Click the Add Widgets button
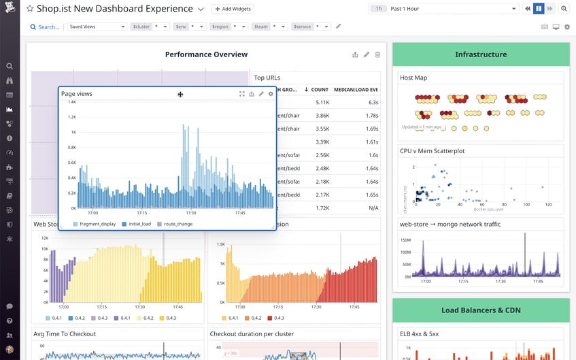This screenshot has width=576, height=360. [x=233, y=9]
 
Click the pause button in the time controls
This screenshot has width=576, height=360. [x=538, y=9]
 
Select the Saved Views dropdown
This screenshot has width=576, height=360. [x=97, y=27]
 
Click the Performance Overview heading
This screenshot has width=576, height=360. [x=206, y=54]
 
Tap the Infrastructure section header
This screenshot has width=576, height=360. [x=481, y=54]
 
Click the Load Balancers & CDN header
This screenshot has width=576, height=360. [x=481, y=310]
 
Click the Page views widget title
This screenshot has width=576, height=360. [x=76, y=94]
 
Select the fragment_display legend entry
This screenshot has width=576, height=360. [x=95, y=224]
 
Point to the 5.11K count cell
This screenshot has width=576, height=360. [x=322, y=102]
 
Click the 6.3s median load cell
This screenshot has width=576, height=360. [x=373, y=102]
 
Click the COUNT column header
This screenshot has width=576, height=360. [x=319, y=90]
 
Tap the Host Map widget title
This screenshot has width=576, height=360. [x=413, y=78]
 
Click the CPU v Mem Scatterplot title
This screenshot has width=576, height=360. [x=432, y=151]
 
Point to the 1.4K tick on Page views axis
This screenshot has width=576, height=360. [x=71, y=102]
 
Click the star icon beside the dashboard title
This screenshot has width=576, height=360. [x=30, y=9]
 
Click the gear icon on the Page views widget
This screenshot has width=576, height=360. [x=271, y=94]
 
